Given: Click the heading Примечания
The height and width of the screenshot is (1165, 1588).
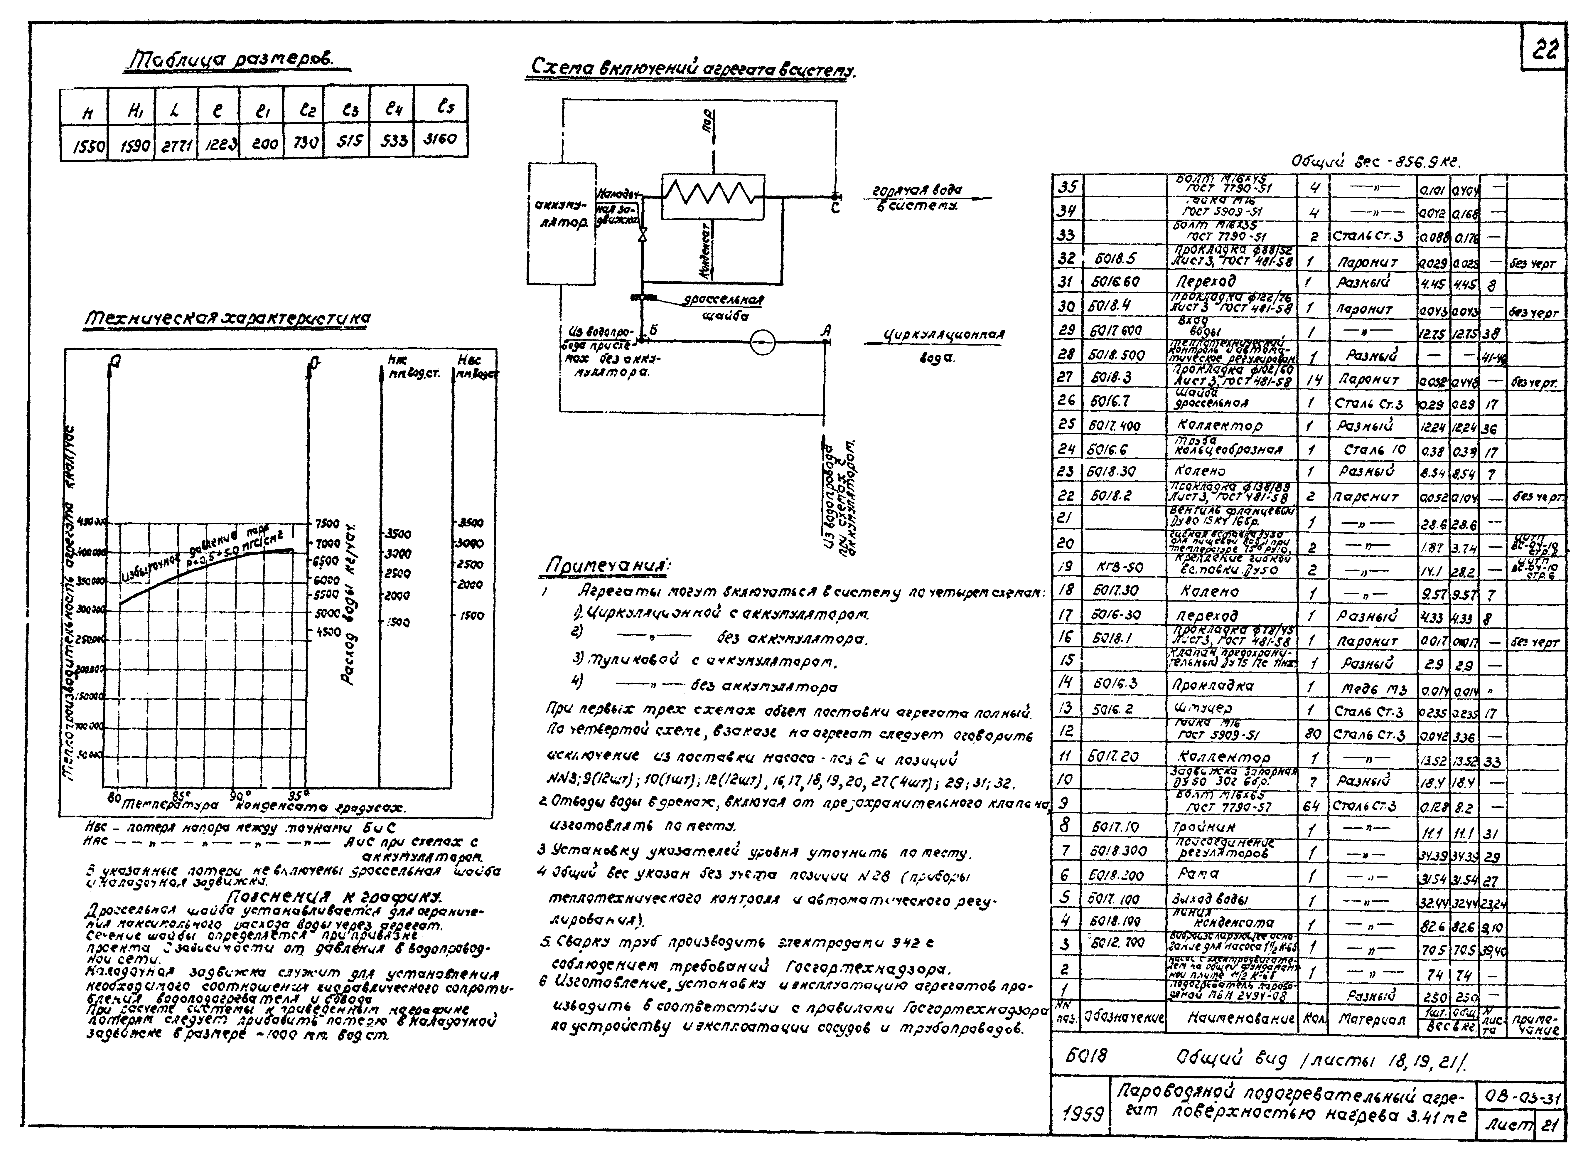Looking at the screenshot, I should [610, 566].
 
